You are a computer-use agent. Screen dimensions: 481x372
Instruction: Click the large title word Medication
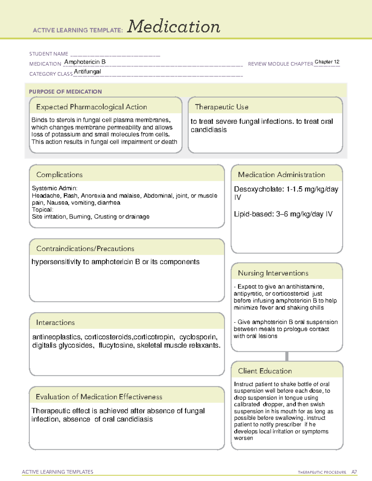(x=174, y=27)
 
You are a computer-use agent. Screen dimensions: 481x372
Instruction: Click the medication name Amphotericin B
(x=85, y=62)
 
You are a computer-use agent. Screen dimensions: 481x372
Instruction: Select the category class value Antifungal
(x=87, y=72)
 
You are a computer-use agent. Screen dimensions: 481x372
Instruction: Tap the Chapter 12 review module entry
(x=327, y=62)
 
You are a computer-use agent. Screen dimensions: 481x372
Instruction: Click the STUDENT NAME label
(x=49, y=54)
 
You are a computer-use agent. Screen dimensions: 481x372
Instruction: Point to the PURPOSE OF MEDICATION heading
(x=65, y=92)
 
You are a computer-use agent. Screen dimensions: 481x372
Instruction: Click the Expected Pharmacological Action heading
(x=91, y=107)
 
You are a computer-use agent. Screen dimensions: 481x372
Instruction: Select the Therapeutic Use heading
(x=221, y=107)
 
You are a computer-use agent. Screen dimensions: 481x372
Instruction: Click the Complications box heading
(x=59, y=175)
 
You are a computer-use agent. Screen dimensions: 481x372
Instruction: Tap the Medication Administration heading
(x=281, y=175)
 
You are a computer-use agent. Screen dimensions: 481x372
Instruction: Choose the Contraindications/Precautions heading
(x=85, y=249)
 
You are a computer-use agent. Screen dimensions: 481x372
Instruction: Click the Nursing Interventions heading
(x=273, y=273)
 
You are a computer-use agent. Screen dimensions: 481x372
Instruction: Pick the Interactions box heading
(x=55, y=323)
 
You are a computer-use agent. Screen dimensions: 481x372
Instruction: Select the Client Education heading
(x=265, y=371)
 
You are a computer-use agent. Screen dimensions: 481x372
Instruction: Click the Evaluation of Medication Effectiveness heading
(x=99, y=397)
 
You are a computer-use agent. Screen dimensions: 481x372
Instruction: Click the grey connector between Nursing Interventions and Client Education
(x=287, y=356)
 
